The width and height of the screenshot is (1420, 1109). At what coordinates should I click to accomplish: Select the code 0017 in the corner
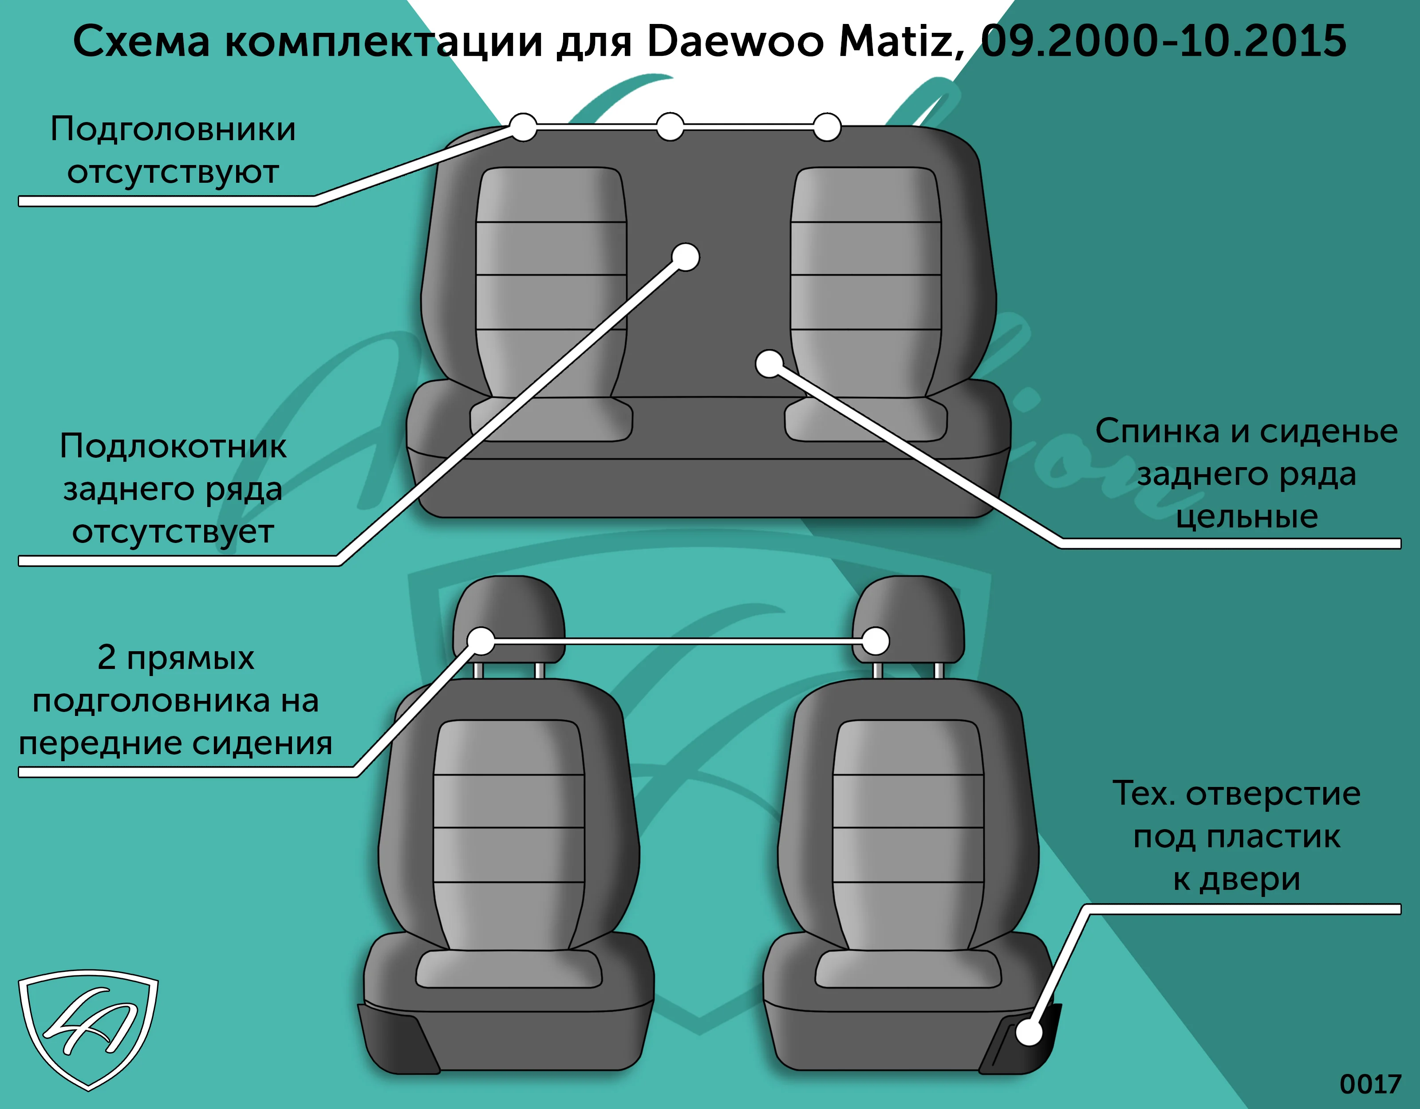pos(1370,1084)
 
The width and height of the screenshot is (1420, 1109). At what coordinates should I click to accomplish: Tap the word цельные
pos(1246,517)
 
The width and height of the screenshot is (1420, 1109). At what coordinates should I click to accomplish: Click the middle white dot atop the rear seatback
pos(670,127)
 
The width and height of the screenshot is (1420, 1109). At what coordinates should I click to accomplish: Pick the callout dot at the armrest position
pos(685,257)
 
